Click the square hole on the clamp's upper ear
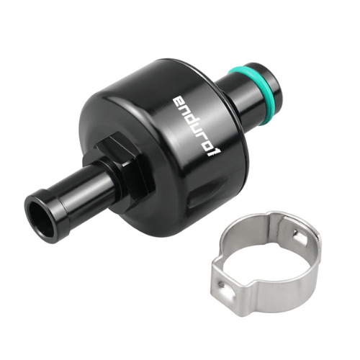point(296,233)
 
